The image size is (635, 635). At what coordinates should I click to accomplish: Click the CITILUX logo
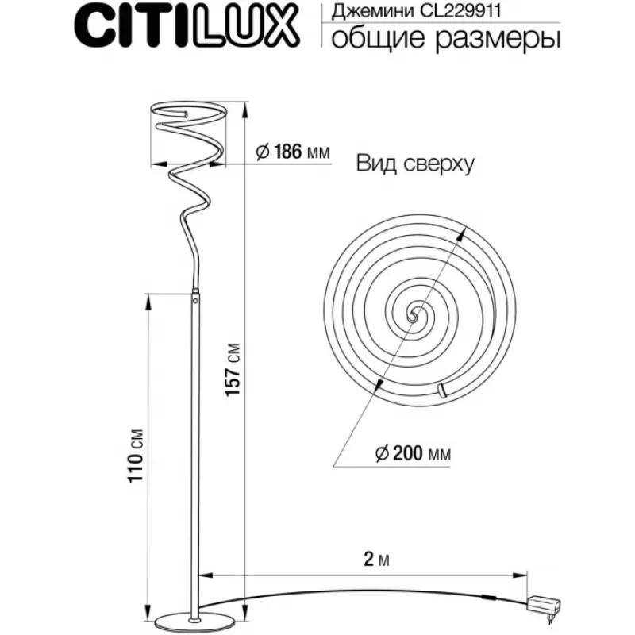coord(187,27)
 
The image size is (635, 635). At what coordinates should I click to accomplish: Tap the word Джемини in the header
coord(372,12)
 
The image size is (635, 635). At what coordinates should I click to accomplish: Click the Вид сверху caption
coord(415,164)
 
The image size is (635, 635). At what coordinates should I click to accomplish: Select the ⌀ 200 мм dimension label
coord(413,453)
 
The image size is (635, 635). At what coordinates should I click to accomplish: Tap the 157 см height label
coord(233,370)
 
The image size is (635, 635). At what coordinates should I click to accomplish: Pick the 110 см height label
coord(136,455)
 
